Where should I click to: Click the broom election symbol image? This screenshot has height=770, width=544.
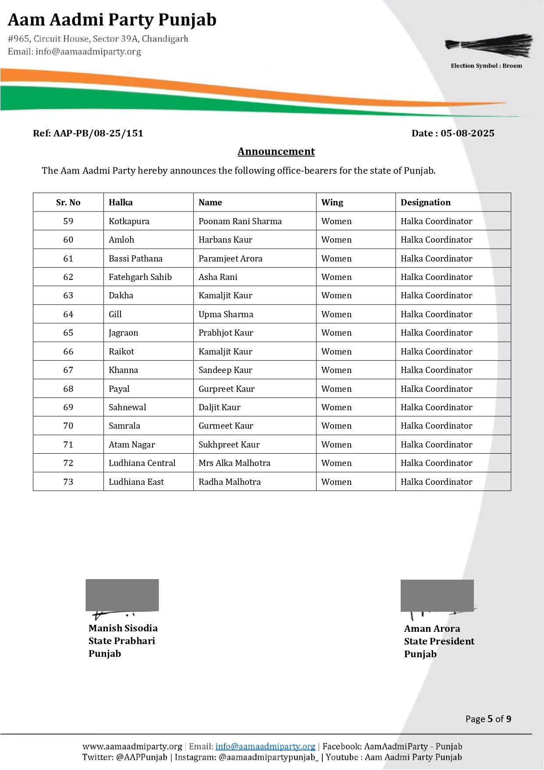489,45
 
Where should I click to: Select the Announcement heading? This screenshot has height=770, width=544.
276,151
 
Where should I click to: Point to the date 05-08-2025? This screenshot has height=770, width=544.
467,133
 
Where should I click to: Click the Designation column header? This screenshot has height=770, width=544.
425,202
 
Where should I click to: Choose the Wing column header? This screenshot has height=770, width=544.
332,202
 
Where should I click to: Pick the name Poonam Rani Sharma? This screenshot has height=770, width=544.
240,221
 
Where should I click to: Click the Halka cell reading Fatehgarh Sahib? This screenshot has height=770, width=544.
140,277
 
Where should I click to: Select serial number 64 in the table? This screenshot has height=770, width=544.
68,314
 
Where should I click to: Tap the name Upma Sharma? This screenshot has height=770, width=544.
226,314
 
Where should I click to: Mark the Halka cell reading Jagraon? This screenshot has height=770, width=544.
123,333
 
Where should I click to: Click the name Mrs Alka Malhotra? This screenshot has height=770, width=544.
234,463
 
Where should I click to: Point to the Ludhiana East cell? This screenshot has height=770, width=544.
136,482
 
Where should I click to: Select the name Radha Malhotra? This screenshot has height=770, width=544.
229,482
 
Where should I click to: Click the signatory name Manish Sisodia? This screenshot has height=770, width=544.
123,628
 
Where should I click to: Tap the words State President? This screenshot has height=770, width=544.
439,641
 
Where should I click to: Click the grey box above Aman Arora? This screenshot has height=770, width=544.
437,595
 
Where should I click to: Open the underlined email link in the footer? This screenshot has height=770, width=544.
265,746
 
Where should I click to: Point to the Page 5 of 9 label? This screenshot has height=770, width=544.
488,719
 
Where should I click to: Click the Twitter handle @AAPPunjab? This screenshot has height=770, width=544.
141,757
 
